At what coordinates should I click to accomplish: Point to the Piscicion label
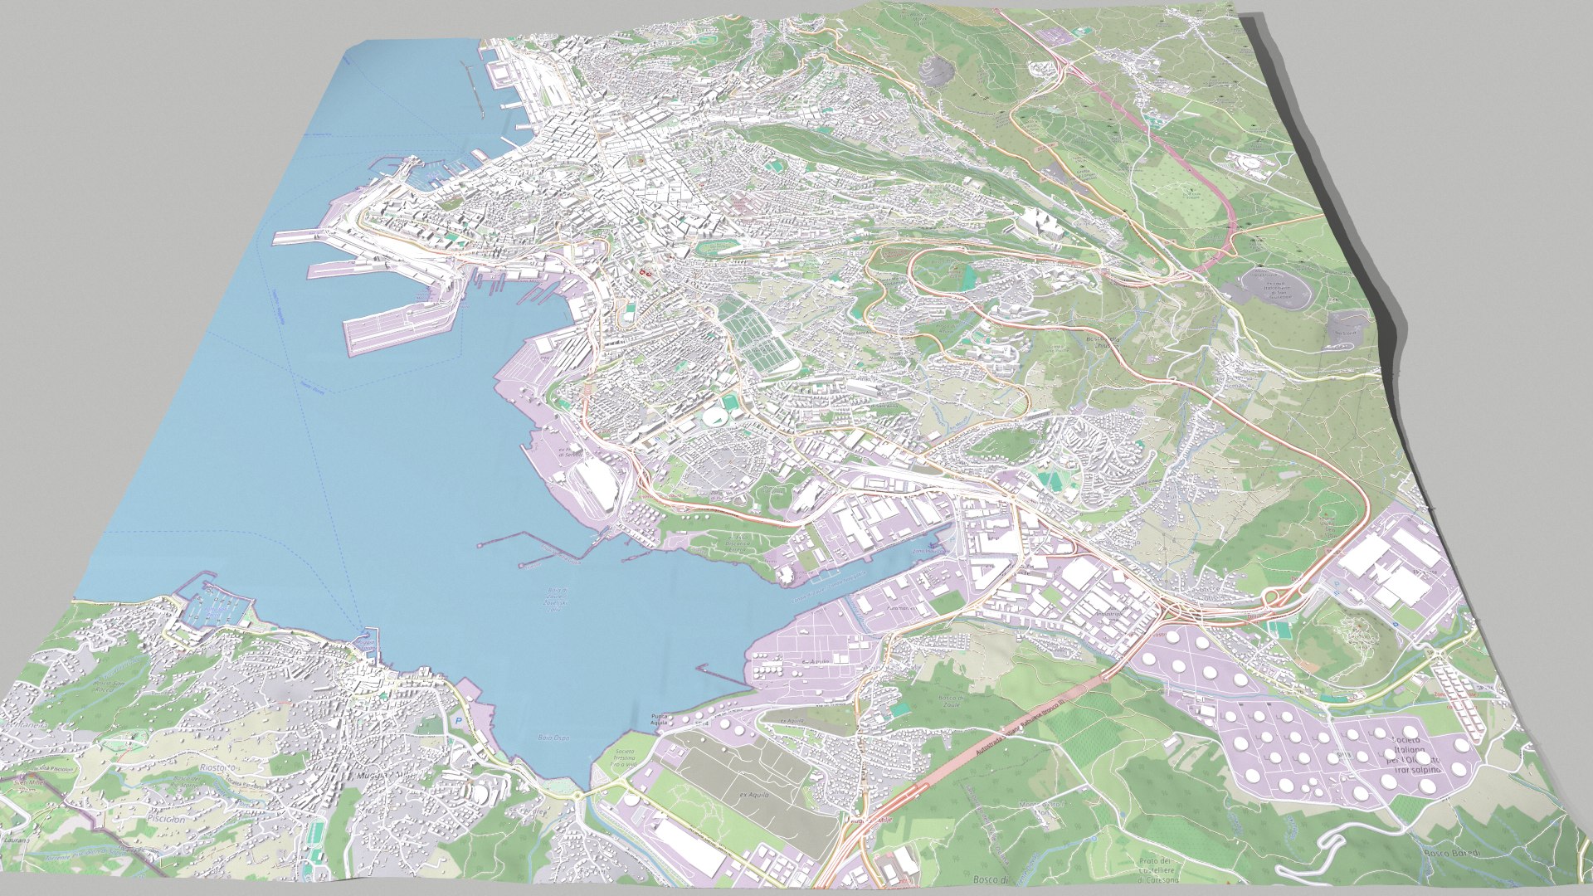[166, 818]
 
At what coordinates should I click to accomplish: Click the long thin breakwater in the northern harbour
[472, 86]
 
